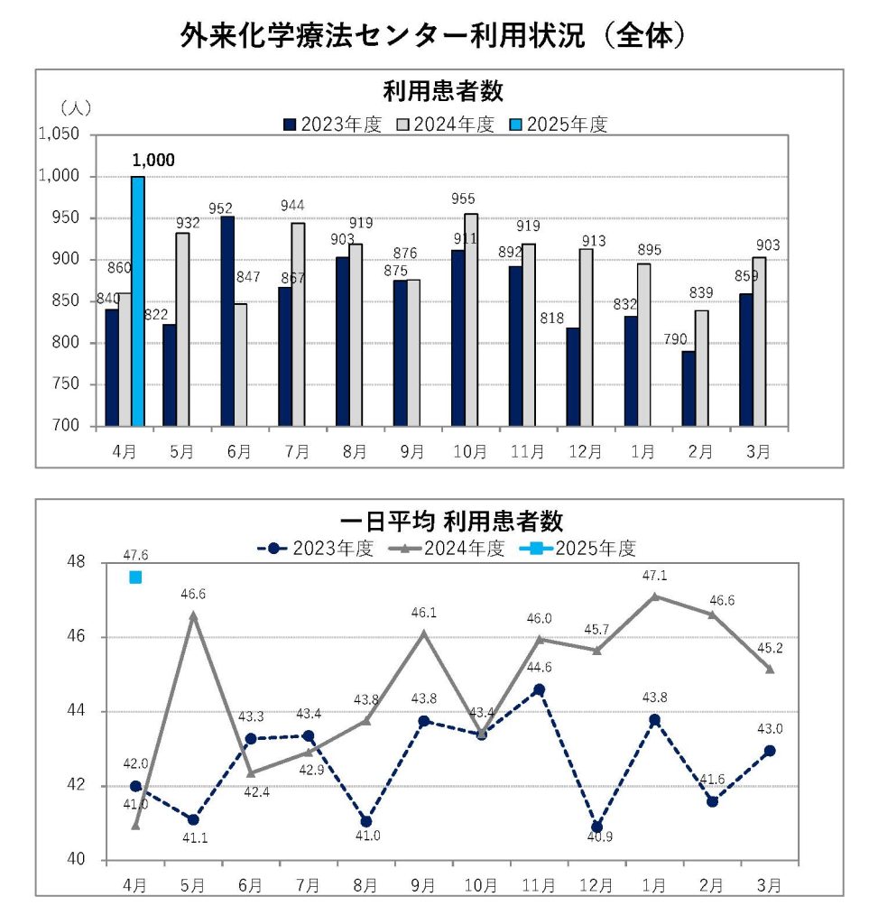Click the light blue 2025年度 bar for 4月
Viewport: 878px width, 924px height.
point(138,300)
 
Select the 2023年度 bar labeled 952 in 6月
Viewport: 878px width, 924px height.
point(227,320)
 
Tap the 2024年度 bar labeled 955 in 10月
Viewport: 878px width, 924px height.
point(471,319)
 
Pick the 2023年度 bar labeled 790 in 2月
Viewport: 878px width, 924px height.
point(689,388)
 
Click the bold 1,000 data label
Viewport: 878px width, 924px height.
point(152,161)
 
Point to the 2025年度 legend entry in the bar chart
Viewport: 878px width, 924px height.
point(560,125)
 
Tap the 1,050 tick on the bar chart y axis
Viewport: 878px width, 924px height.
point(60,134)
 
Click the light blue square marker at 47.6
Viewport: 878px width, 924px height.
point(135,577)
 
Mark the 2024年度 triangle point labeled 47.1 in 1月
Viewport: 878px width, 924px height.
point(654,596)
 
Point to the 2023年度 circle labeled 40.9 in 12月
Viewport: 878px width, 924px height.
point(596,827)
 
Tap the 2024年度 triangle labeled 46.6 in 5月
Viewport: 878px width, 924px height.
point(193,614)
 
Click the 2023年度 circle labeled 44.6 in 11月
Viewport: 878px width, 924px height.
point(539,689)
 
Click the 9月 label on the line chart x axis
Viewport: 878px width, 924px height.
point(423,885)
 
